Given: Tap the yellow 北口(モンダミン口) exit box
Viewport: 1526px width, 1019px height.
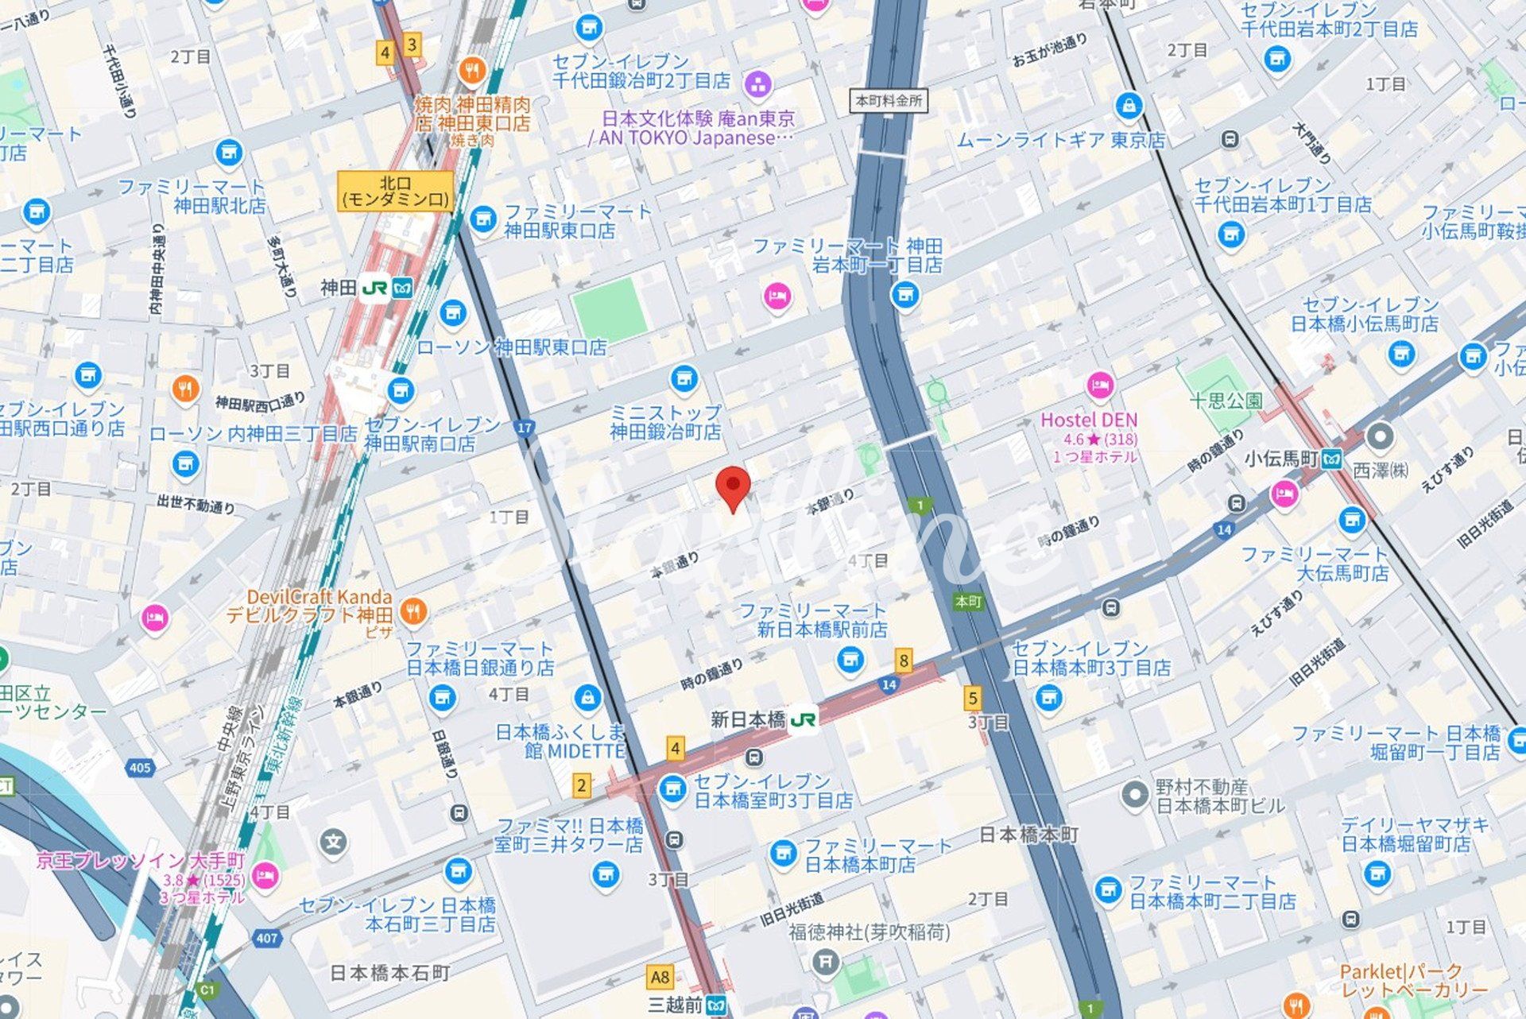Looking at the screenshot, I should coord(395,192).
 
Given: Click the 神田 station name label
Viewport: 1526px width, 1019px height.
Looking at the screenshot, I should coord(338,288).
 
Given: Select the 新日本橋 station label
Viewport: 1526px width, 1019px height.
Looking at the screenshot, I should coord(747,720).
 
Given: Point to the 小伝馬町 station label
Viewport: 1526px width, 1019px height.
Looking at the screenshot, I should coord(1280,459).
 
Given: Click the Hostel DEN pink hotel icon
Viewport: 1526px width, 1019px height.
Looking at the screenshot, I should coord(1099,386).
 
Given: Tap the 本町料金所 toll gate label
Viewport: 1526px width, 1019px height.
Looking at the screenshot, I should coord(889,101).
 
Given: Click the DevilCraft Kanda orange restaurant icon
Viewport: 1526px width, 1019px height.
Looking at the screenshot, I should coord(412,611).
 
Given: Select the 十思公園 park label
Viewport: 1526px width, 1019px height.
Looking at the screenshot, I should coord(1226,401).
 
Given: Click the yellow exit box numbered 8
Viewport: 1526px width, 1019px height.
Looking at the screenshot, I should coord(903,660).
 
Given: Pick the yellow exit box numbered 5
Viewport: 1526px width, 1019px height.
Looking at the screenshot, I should coord(972,698).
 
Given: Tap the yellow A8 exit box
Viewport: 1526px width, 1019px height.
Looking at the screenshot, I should coord(660,977).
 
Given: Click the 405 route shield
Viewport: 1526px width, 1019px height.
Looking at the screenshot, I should coord(140,768).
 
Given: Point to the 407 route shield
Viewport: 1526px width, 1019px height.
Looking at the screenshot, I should coord(267,938).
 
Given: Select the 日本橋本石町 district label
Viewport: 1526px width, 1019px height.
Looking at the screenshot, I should coord(389,973).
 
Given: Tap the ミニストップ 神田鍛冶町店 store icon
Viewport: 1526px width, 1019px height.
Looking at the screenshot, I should coord(684,378).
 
